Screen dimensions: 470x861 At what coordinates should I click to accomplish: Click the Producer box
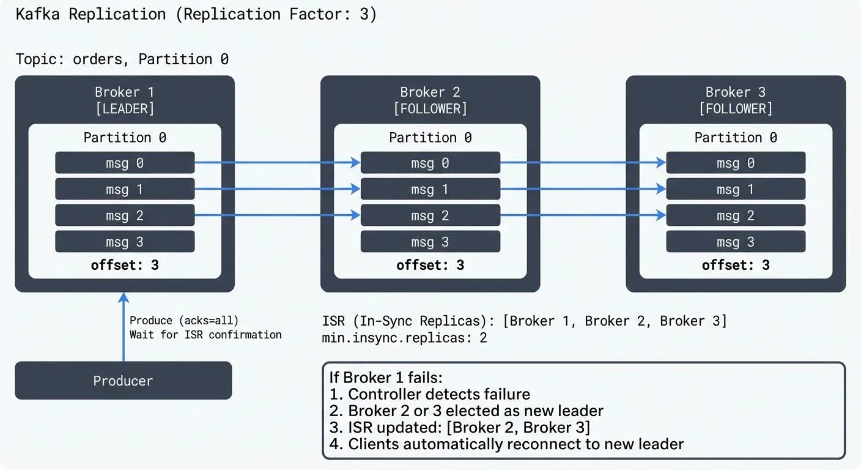123,381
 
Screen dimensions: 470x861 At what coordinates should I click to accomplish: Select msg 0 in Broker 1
125,163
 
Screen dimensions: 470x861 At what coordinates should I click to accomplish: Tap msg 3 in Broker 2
430,242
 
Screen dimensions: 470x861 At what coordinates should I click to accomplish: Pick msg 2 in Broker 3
735,215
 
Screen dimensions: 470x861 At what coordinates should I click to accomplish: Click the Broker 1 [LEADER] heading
125,100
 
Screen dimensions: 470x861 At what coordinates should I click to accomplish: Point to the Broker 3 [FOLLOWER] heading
736,100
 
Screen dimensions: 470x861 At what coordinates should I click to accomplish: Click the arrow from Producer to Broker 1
124,327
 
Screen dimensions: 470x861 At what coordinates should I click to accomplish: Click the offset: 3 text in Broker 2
430,265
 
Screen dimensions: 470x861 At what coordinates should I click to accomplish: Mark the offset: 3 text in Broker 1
125,265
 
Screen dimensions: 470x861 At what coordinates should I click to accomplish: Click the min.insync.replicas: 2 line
404,337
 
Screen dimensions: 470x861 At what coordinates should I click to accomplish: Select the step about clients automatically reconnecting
506,444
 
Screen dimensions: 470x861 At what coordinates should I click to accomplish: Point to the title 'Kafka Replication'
91,15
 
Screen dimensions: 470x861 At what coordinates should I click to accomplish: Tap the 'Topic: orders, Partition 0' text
122,59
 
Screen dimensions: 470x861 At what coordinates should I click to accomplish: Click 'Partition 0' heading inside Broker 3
736,138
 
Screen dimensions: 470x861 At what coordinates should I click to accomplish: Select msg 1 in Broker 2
430,189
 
